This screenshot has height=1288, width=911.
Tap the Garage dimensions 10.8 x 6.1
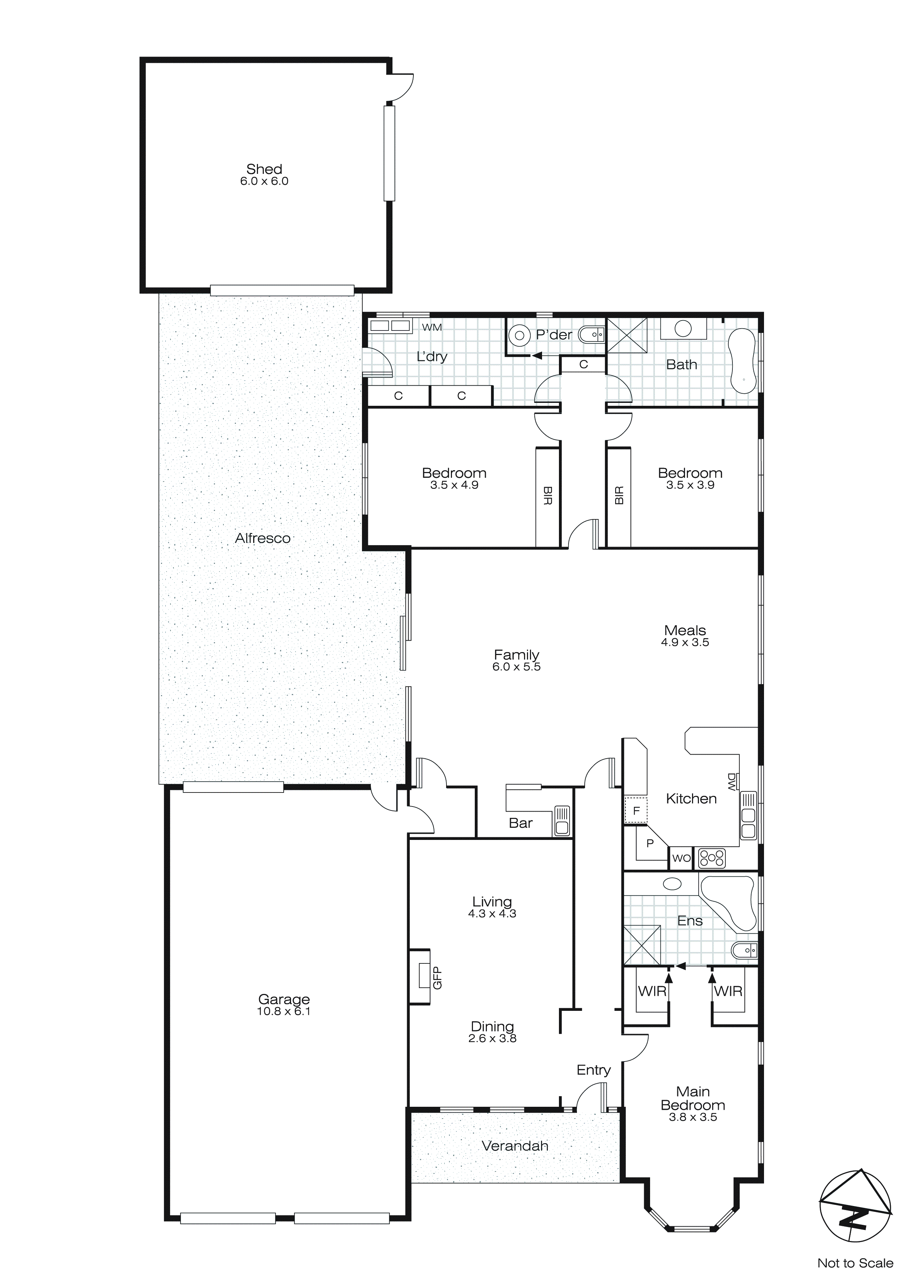click(x=283, y=1012)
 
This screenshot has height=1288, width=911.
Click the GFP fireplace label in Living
click(x=438, y=977)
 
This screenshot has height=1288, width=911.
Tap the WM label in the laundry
click(x=431, y=328)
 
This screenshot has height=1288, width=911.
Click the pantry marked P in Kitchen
click(x=650, y=843)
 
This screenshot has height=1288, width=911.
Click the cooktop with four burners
click(x=712, y=858)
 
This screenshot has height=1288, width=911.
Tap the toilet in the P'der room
click(x=591, y=336)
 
